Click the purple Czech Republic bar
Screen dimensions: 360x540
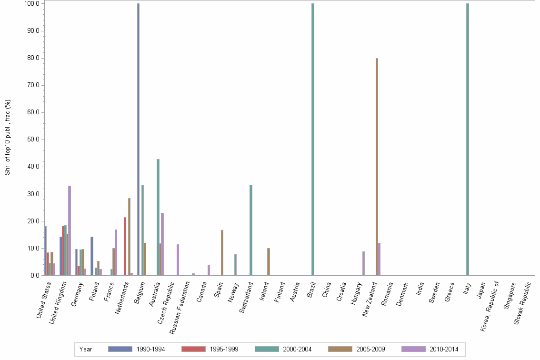point(178,260)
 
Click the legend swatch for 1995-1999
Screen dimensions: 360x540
point(194,349)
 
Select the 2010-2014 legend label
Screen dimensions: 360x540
point(444,349)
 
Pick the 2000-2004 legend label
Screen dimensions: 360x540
point(297,349)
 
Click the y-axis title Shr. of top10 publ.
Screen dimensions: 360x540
point(8,137)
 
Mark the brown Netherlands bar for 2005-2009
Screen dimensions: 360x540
point(129,237)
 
